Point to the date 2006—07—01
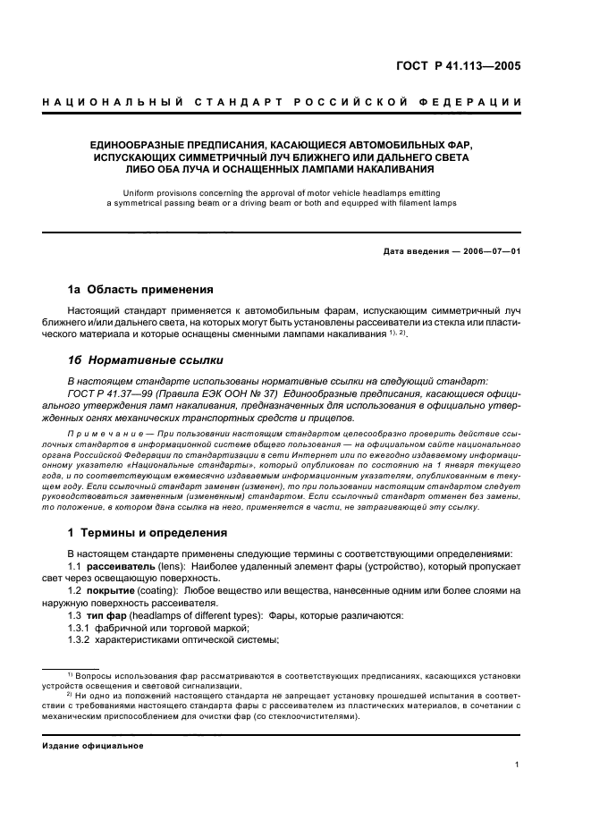pos(491,251)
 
